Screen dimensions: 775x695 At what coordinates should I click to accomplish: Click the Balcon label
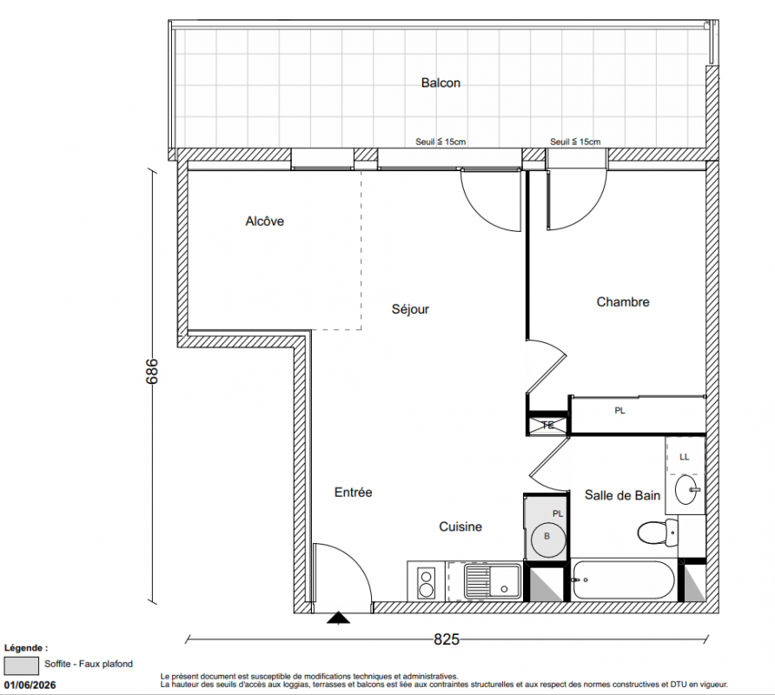pyautogui.click(x=440, y=83)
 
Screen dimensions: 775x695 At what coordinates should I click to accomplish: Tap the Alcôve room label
pyautogui.click(x=264, y=221)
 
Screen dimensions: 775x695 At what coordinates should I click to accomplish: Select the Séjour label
pyautogui.click(x=410, y=309)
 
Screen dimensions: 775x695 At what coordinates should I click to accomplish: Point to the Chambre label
pyautogui.click(x=623, y=301)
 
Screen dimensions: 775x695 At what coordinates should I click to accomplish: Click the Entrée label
pyautogui.click(x=353, y=493)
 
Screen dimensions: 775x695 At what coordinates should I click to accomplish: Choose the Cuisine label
pyautogui.click(x=460, y=526)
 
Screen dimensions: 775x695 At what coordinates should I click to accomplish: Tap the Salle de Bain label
pyautogui.click(x=622, y=495)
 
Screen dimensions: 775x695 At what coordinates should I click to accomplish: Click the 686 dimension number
pyautogui.click(x=152, y=371)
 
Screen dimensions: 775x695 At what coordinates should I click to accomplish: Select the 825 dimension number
pyautogui.click(x=447, y=639)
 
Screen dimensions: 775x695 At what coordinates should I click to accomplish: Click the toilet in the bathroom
pyautogui.click(x=658, y=533)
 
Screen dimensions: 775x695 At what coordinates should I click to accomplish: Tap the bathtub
pyautogui.click(x=623, y=580)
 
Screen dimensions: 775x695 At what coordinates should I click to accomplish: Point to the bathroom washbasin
pyautogui.click(x=687, y=489)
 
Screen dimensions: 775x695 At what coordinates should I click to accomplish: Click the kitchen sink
pyautogui.click(x=493, y=581)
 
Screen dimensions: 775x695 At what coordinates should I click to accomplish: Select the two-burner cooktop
pyautogui.click(x=426, y=582)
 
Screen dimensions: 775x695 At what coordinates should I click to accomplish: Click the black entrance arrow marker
pyautogui.click(x=338, y=618)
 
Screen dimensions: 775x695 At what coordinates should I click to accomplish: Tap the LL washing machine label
pyautogui.click(x=684, y=457)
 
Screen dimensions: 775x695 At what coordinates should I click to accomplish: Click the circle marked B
pyautogui.click(x=547, y=539)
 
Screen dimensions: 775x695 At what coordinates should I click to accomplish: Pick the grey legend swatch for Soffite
pyautogui.click(x=21, y=665)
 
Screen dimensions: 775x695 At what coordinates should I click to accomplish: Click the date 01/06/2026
pyautogui.click(x=30, y=685)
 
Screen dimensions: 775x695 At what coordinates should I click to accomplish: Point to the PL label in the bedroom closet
pyautogui.click(x=619, y=410)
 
